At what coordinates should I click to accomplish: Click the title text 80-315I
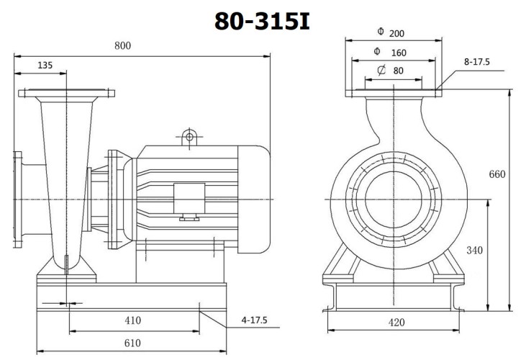[x=262, y=22]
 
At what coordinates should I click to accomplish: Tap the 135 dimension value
[x=45, y=66]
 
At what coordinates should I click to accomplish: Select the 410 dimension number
[x=132, y=320]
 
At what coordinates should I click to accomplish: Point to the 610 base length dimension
[x=132, y=343]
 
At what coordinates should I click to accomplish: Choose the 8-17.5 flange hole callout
[x=476, y=62]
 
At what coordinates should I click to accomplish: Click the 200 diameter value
[x=398, y=33]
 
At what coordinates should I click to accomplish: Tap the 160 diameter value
[x=398, y=53]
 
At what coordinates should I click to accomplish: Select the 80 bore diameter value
[x=398, y=71]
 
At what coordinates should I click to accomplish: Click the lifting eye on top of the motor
[x=189, y=135]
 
